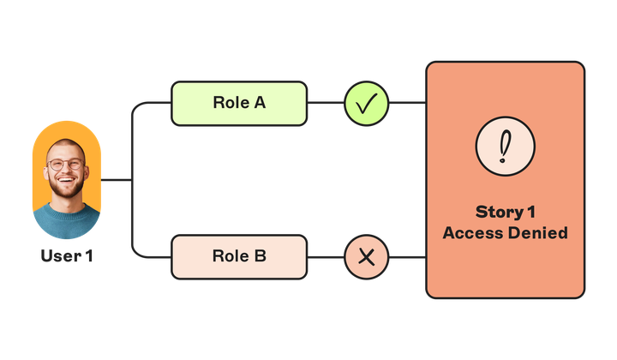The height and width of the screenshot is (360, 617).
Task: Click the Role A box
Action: (239, 104)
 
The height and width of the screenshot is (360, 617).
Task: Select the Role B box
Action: (239, 256)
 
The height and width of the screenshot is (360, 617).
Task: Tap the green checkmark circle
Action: (367, 104)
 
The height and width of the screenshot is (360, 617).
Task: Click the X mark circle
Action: (367, 256)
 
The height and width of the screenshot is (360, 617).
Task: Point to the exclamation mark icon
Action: (505, 146)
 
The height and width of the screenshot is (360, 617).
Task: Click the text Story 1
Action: (505, 212)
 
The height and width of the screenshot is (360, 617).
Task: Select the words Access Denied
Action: (505, 233)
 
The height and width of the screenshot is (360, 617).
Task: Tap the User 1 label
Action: (67, 255)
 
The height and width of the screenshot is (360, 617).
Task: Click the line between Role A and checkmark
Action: (326, 104)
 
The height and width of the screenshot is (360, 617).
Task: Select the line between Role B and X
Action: (326, 256)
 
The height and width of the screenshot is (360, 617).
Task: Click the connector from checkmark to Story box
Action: (408, 104)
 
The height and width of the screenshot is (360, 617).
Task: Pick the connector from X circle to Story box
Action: (408, 256)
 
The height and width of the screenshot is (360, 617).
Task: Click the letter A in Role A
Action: (260, 104)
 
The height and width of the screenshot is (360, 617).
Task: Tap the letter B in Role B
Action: (260, 256)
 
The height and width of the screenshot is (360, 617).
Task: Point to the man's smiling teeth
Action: (67, 183)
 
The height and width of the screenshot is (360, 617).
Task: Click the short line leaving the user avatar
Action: (117, 180)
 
